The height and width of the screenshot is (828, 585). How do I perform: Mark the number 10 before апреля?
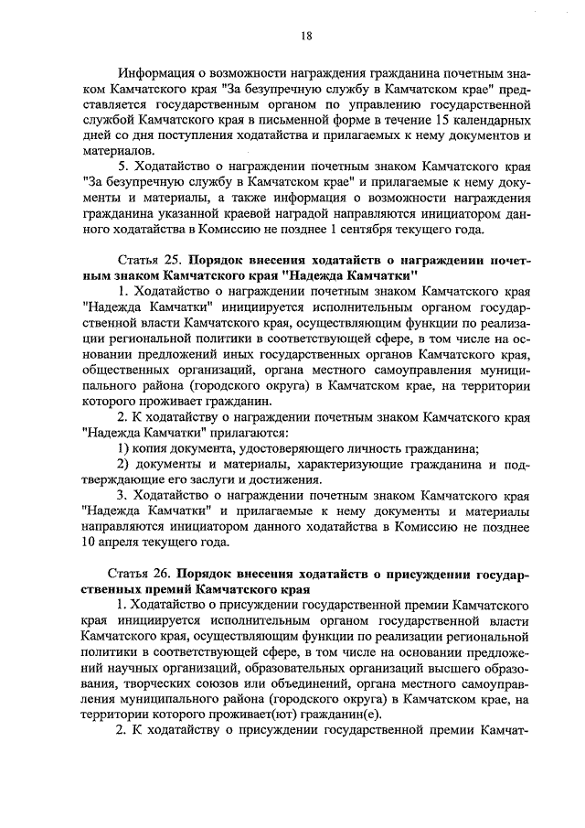[x=89, y=542]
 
